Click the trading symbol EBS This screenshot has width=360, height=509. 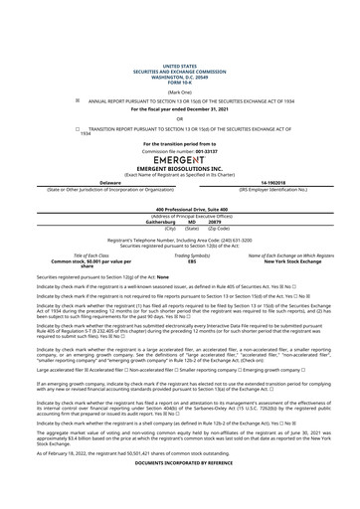pos(179,260)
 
